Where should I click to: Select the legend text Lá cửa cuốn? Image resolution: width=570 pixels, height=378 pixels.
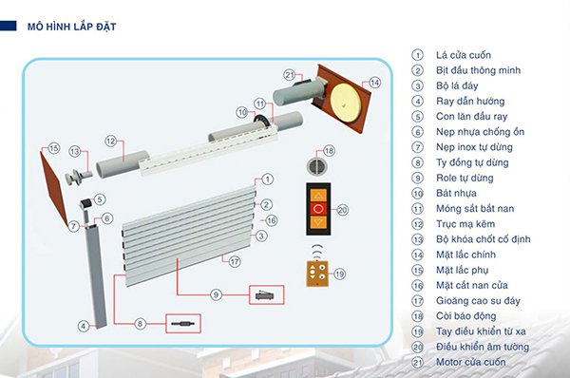[465, 54]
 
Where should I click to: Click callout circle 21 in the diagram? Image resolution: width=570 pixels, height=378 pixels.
[290, 73]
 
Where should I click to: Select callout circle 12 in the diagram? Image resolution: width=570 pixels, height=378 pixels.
[110, 142]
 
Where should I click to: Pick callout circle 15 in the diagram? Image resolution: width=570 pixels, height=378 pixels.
[53, 148]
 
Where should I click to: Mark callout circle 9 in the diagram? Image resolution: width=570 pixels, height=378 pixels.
[216, 295]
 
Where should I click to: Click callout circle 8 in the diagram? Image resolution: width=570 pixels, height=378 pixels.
[141, 323]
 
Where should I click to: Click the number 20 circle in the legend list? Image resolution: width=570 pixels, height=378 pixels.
[417, 347]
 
